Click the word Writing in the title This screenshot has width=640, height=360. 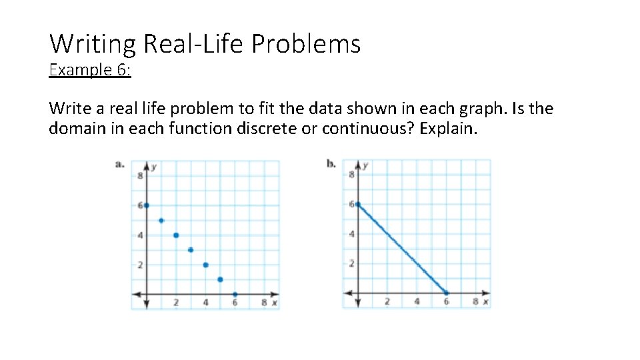[93, 44]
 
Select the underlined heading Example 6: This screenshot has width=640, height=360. [90, 70]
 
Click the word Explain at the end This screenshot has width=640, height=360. [449, 128]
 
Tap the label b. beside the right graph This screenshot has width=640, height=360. [331, 164]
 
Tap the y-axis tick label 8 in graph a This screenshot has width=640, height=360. [140, 176]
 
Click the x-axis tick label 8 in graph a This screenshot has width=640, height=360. [264, 303]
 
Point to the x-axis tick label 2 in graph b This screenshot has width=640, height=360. [387, 302]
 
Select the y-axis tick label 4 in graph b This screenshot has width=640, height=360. [351, 234]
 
